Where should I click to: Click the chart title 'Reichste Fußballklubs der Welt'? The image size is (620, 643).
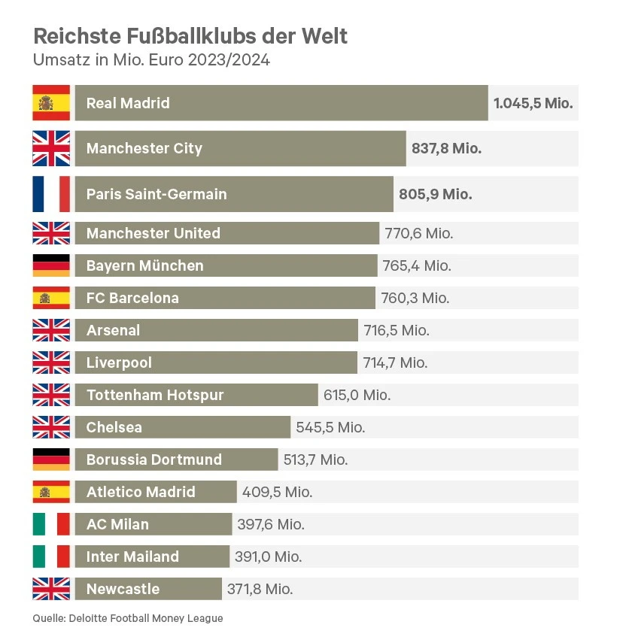(x=190, y=36)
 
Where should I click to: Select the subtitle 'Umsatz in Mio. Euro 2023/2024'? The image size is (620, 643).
(x=151, y=60)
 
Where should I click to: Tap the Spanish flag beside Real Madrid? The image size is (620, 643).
(x=51, y=103)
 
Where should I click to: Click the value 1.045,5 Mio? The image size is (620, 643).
(x=533, y=103)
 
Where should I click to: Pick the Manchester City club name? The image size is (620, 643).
(x=144, y=148)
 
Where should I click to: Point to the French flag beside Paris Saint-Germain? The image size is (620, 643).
(x=51, y=194)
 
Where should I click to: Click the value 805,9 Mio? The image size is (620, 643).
(x=435, y=194)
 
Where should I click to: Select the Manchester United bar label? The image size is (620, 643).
(x=153, y=233)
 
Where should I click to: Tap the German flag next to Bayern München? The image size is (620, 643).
(x=51, y=265)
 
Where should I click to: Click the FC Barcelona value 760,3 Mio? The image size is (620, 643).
(x=415, y=298)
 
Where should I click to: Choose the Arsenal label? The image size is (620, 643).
(x=113, y=330)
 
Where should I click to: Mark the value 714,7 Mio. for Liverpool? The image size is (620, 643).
(x=395, y=362)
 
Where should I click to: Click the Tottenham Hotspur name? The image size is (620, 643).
(x=155, y=395)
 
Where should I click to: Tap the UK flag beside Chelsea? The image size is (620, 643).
(x=51, y=427)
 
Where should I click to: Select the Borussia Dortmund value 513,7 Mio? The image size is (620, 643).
(x=315, y=460)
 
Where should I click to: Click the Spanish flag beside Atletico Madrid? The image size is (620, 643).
(x=51, y=492)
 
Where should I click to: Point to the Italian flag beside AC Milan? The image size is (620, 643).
(x=51, y=524)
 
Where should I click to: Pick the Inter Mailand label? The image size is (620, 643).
(x=132, y=557)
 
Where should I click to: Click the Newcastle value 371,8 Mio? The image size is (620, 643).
(x=260, y=589)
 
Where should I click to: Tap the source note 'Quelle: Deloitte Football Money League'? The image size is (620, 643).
(x=128, y=618)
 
